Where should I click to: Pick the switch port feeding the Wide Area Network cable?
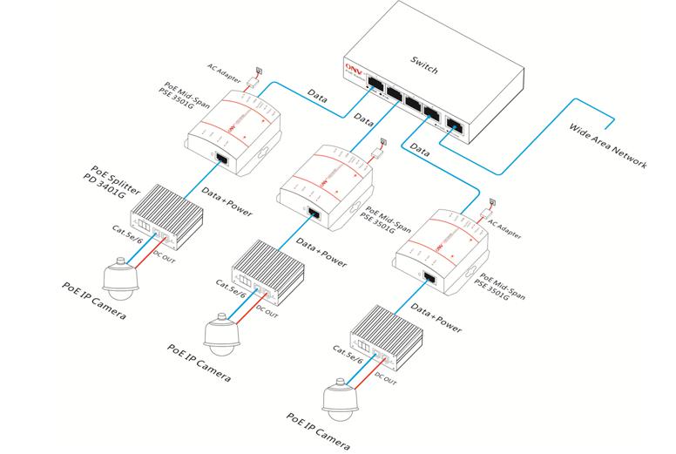coord(455,124)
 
